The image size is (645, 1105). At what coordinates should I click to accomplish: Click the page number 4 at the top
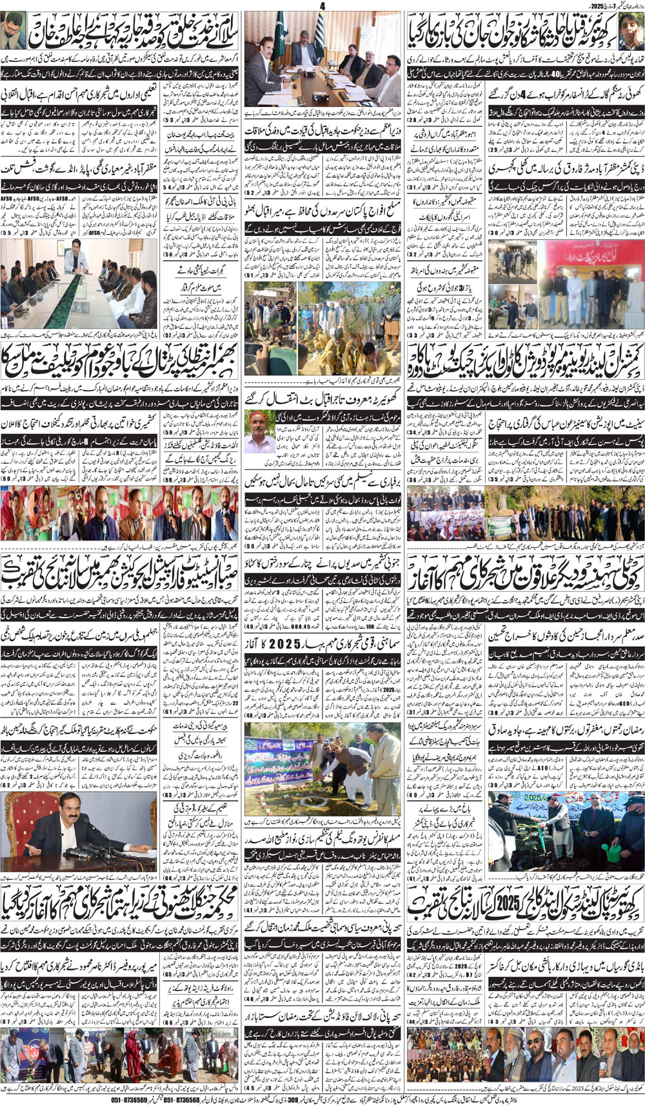322,6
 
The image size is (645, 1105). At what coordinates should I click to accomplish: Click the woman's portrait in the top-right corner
630,30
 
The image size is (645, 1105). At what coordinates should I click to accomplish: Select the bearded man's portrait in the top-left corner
14,30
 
